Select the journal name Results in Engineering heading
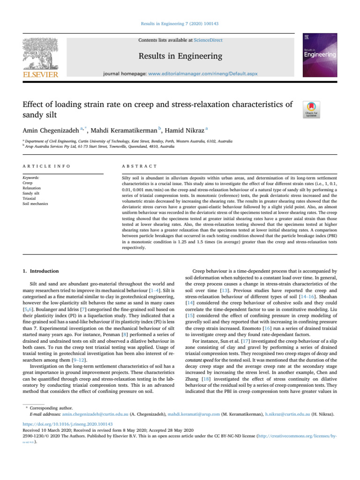point(180,57)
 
